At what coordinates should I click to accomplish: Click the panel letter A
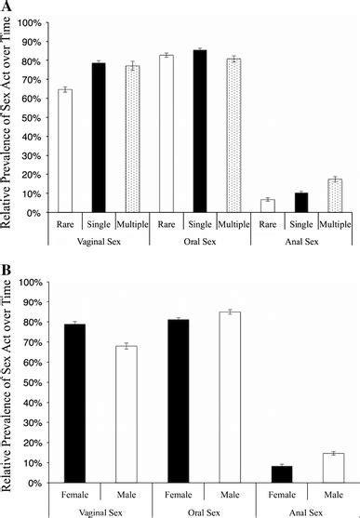[x=7, y=7]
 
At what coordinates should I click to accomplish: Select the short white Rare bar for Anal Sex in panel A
[x=267, y=206]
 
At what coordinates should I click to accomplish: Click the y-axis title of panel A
[x=8, y=116]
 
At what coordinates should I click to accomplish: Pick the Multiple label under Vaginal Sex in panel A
[x=131, y=225]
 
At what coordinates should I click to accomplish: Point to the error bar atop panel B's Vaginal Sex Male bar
[x=129, y=346]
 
